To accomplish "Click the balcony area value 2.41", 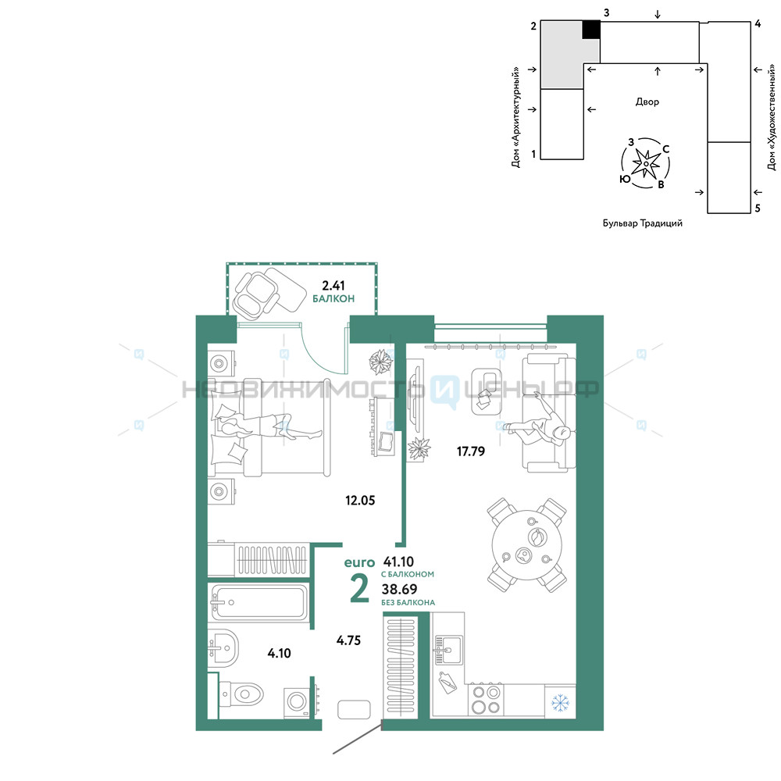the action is [x=333, y=285].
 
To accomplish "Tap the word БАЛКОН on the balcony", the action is [x=333, y=299].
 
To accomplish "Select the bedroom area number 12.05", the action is [x=360, y=500].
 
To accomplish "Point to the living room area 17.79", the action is [x=471, y=451].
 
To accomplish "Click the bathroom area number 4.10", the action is [x=279, y=653].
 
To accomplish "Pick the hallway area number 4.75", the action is [x=348, y=640].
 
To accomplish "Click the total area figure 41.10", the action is [x=398, y=562].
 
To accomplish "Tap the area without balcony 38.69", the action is [x=399, y=589].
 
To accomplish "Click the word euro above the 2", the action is [x=359, y=562].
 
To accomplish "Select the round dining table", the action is [x=527, y=545].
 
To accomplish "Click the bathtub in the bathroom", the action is [x=259, y=603].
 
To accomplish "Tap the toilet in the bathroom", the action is [x=241, y=694].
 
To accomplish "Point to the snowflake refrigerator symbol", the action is [x=560, y=702].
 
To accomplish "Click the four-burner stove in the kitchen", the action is [x=486, y=699].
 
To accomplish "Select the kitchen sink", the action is [x=448, y=650].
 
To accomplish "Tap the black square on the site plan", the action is [x=591, y=30].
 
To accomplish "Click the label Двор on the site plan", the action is [x=647, y=102].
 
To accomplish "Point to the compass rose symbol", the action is [x=646, y=163].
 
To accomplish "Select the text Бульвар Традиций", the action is [x=643, y=223].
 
